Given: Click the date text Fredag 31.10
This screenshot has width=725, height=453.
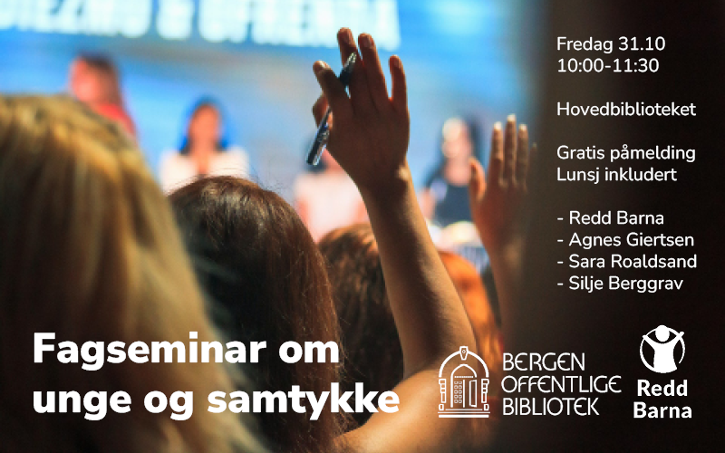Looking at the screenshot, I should coord(612,43).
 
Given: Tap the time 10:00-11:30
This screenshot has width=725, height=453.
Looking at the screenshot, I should coord(607,65).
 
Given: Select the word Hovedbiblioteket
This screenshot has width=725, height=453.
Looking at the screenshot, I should coord(626,110).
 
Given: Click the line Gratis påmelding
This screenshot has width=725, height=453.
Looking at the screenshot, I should coord(623,153).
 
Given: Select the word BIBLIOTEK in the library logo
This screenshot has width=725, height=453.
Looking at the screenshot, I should coord(550,406).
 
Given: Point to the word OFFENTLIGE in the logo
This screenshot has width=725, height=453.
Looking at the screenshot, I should coord(561,385).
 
